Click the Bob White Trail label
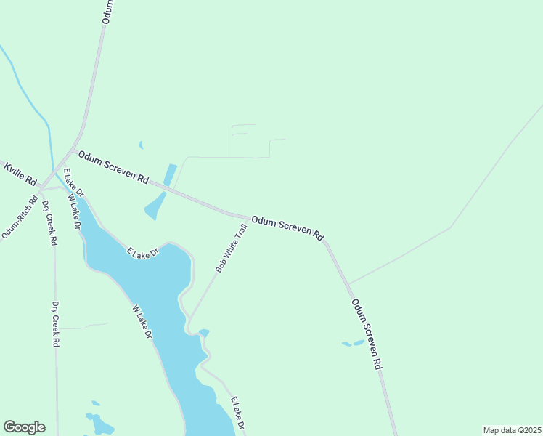pos(232,249)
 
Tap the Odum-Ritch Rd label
pos(20,217)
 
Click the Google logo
pos(24,427)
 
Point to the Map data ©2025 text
pos(513,430)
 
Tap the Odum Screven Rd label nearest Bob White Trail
pos(287,227)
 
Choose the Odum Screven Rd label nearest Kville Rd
pos(113,167)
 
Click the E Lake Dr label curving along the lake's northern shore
pos(142,253)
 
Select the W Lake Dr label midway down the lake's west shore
pos(142,322)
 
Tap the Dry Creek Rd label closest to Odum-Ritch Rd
pos(50,223)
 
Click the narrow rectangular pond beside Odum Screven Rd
pos(170,175)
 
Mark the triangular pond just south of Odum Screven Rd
pos(155,206)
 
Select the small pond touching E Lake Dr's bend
pos(204,333)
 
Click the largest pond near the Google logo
pos(102,424)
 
